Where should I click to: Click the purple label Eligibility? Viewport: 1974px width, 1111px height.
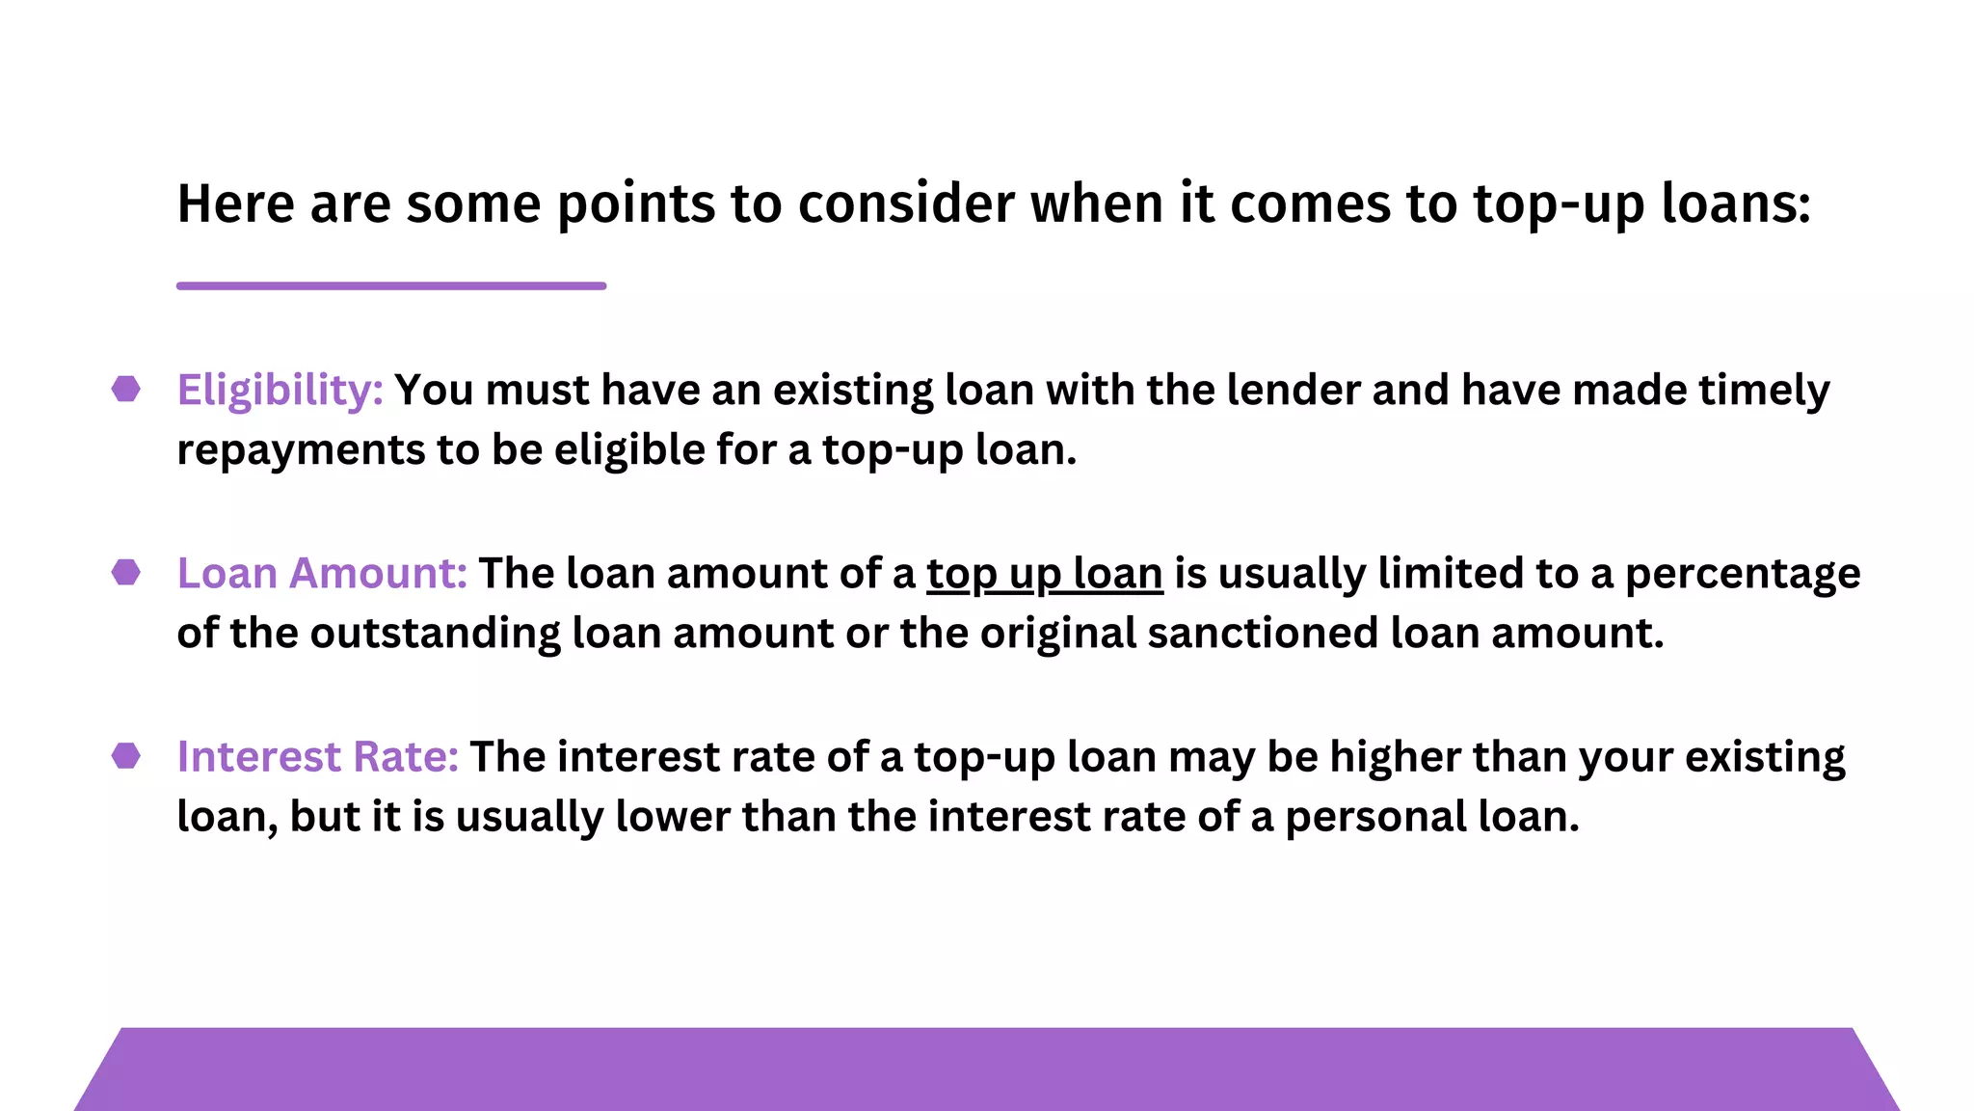[x=280, y=392]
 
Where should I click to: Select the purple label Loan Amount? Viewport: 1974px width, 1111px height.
[x=322, y=574]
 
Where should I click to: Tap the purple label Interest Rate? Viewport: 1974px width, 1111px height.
[x=317, y=757]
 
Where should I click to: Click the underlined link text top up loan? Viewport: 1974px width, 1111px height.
[x=1045, y=575]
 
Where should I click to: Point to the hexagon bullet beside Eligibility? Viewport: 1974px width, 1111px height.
[x=126, y=389]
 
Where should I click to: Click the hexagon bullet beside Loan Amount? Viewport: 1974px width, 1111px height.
[x=126, y=572]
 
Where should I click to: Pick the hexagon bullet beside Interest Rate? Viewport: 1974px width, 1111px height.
[x=126, y=755]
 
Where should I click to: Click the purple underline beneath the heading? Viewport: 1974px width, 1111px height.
[x=391, y=285]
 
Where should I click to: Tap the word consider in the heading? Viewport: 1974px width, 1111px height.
[x=906, y=204]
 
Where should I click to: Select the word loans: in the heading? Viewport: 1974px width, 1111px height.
[x=1736, y=204]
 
